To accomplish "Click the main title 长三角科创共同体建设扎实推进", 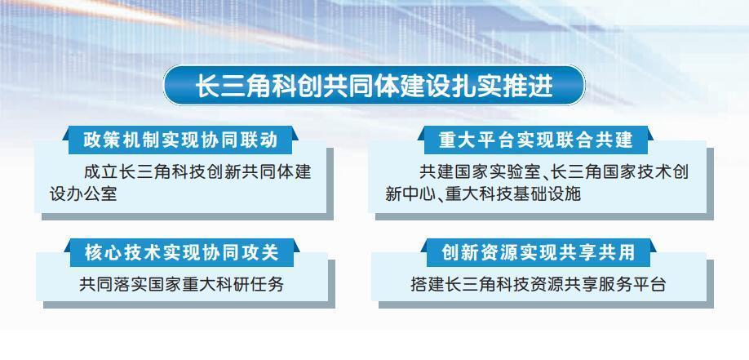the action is [374, 86].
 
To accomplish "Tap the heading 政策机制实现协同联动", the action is [180, 140].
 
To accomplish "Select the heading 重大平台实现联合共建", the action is [536, 140].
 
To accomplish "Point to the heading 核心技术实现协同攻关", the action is [181, 252].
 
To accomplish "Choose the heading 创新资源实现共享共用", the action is [538, 252].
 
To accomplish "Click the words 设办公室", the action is [83, 194].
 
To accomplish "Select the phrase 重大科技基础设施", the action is [513, 194].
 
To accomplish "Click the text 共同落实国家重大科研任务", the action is [181, 284].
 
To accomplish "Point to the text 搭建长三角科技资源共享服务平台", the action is [538, 284].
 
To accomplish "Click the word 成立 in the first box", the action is [100, 171].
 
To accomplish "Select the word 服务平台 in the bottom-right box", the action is [632, 284].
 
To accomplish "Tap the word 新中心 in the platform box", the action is [410, 194].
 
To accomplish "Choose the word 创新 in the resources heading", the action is [458, 252].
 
